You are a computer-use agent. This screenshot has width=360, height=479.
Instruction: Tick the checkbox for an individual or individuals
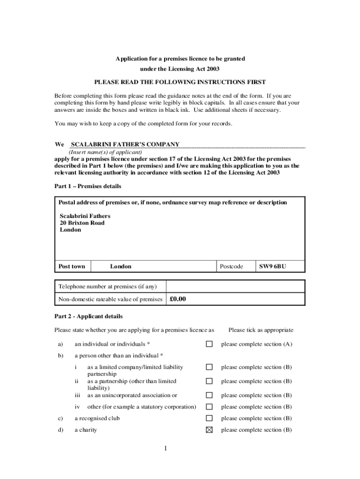click(x=209, y=344)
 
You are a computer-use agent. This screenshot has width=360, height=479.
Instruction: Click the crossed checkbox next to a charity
click(x=209, y=430)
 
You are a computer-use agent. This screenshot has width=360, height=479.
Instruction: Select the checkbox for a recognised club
click(x=209, y=418)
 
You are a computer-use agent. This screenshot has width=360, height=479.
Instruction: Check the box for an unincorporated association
click(x=209, y=395)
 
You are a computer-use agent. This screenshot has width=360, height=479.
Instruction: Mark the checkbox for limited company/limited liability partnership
click(x=209, y=367)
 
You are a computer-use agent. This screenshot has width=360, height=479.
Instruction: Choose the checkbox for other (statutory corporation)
click(x=209, y=407)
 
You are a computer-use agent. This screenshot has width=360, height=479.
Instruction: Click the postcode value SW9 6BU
click(x=273, y=267)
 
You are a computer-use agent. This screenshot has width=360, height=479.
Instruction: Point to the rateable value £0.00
click(x=178, y=299)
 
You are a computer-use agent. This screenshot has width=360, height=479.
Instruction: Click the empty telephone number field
click(x=235, y=286)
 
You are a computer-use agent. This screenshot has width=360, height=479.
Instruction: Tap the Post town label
click(x=72, y=267)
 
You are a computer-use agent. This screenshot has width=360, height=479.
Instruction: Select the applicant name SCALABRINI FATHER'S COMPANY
click(x=125, y=144)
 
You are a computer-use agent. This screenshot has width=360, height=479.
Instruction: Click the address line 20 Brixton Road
click(x=82, y=223)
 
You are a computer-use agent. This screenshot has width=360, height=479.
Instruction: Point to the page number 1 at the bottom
click(x=166, y=449)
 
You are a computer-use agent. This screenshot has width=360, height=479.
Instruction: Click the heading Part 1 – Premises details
click(x=88, y=186)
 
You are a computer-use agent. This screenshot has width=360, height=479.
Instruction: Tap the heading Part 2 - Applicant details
click(x=88, y=316)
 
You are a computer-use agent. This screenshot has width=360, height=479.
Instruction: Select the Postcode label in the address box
click(x=231, y=267)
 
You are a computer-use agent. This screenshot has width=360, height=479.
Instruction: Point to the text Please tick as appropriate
click(x=261, y=330)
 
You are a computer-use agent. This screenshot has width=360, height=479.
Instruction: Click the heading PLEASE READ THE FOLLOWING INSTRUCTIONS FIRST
click(x=180, y=82)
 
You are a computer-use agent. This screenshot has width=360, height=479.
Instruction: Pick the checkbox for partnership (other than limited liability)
click(x=209, y=381)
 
